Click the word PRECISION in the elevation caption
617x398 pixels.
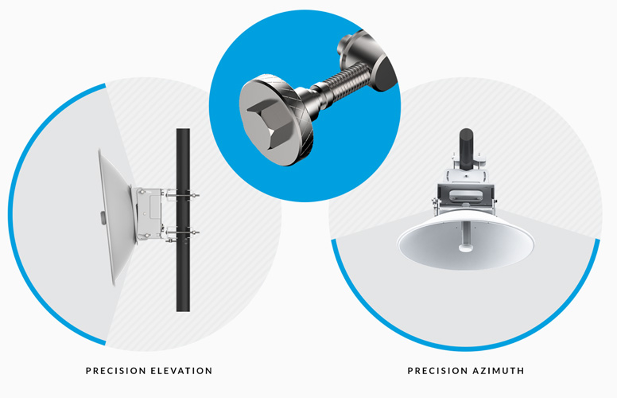[x=115, y=370]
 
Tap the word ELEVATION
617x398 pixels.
[x=182, y=370]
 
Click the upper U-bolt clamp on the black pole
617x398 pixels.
[x=183, y=194]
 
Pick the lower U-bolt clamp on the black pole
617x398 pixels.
[x=183, y=233]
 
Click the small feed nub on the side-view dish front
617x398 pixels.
[x=103, y=218]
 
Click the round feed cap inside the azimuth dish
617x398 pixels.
[x=466, y=248]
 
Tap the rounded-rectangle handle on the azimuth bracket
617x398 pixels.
[x=466, y=195]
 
